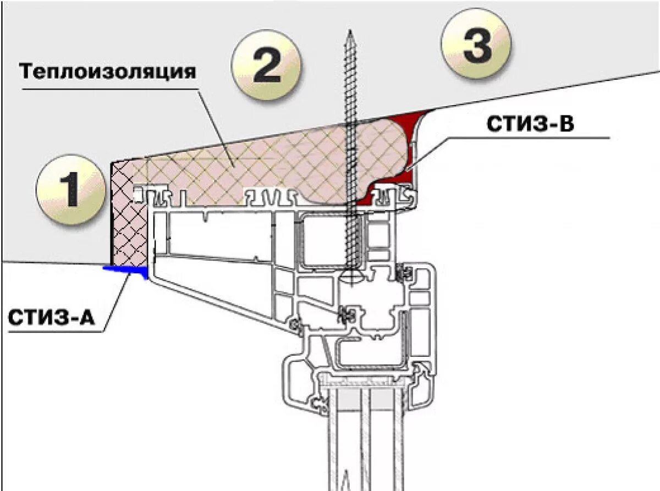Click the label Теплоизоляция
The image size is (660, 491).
click(x=108, y=71)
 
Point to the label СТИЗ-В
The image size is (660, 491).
click(x=530, y=124)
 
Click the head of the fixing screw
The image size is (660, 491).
click(x=350, y=274)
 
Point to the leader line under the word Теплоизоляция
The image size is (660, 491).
click(x=215, y=126)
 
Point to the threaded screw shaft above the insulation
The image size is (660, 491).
click(x=350, y=82)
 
